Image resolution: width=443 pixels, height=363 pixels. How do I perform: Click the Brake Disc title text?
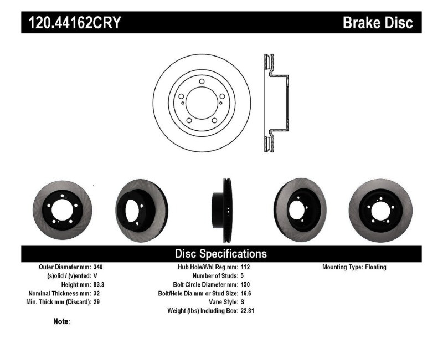378,23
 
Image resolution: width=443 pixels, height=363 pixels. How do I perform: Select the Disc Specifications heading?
221,254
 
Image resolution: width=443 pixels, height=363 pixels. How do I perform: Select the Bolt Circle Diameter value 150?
246,285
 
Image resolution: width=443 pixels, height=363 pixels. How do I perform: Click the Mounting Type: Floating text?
354,267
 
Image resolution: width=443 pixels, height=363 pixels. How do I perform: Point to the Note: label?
61,321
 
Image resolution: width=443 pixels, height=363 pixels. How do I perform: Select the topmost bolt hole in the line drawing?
202,82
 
